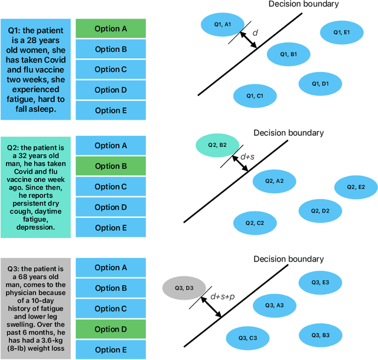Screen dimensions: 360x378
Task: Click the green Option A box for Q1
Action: coord(111,28)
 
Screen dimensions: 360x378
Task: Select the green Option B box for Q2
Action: coord(111,166)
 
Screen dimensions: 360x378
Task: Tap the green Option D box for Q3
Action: coord(111,329)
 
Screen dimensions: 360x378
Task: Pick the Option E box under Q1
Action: coord(111,110)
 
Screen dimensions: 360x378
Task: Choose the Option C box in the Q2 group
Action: coord(111,187)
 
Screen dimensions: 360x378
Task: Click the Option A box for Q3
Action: coord(111,268)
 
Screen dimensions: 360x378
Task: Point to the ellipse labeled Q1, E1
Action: coord(342,32)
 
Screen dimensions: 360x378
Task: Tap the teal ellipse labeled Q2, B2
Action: coord(219,145)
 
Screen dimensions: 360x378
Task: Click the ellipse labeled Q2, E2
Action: coord(357,187)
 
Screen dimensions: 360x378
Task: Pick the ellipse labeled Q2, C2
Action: coord(255,223)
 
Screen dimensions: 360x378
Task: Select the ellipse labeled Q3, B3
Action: coord(321,335)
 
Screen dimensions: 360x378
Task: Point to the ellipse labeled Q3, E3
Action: coord(321,283)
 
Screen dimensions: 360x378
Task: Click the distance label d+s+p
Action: coord(223,296)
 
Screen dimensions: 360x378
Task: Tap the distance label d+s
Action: coord(247,157)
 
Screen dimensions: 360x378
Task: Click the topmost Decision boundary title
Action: coord(304,5)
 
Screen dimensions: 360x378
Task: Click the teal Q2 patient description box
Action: coord(37,186)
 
